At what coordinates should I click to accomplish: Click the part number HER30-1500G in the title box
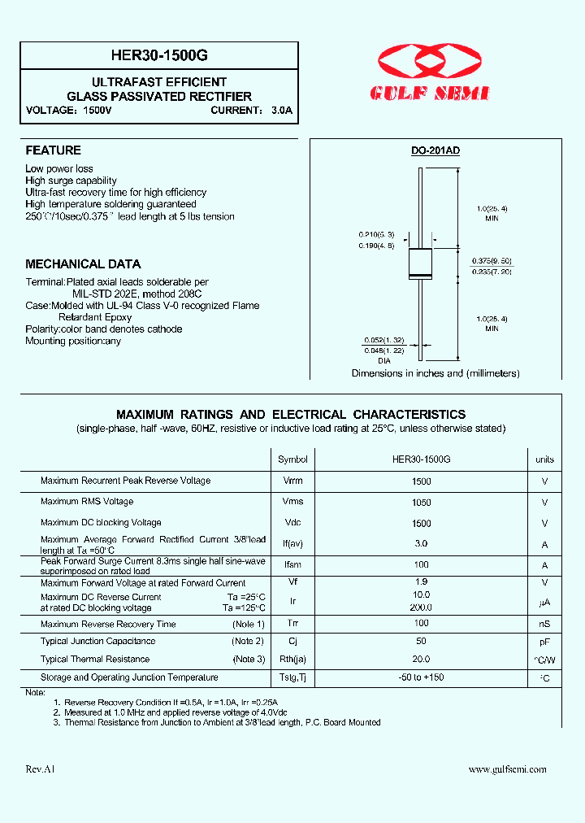(159, 55)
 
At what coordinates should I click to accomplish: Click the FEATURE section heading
(53, 150)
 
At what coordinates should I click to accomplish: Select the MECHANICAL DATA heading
(83, 264)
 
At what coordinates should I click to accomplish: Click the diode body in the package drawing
(420, 263)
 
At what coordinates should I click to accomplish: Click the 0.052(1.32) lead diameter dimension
(383, 339)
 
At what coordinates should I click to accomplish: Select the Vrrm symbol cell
(292, 481)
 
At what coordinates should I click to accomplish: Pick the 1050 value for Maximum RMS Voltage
(422, 503)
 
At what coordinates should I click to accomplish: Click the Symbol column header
(292, 459)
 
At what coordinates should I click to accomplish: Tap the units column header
(544, 459)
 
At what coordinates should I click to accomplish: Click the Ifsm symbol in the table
(292, 564)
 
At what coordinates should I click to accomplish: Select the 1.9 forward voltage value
(422, 582)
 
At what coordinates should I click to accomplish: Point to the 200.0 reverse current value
(422, 607)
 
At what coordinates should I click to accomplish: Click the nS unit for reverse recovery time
(544, 625)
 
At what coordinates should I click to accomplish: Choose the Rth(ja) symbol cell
(292, 660)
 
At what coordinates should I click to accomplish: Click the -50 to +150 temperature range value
(422, 677)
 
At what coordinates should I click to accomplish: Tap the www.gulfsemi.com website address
(508, 769)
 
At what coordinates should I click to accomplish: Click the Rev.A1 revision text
(41, 769)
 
